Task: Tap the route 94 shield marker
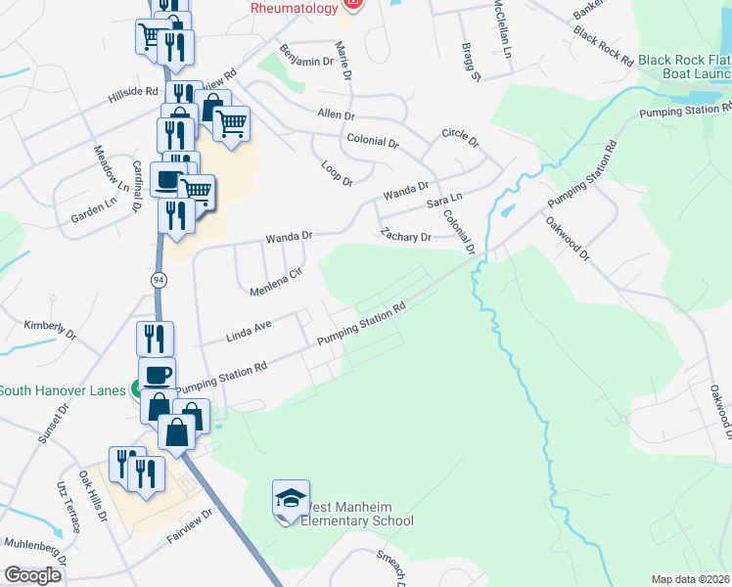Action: (159, 280)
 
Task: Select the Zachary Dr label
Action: (406, 236)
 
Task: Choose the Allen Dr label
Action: (335, 114)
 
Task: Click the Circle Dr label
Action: (460, 138)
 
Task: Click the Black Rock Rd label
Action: (604, 47)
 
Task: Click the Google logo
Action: (32, 575)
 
